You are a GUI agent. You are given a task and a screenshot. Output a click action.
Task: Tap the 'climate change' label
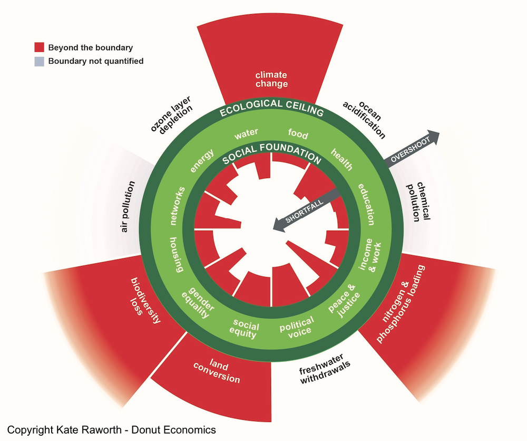click(271, 79)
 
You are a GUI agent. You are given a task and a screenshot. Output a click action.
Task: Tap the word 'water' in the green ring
click(247, 135)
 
